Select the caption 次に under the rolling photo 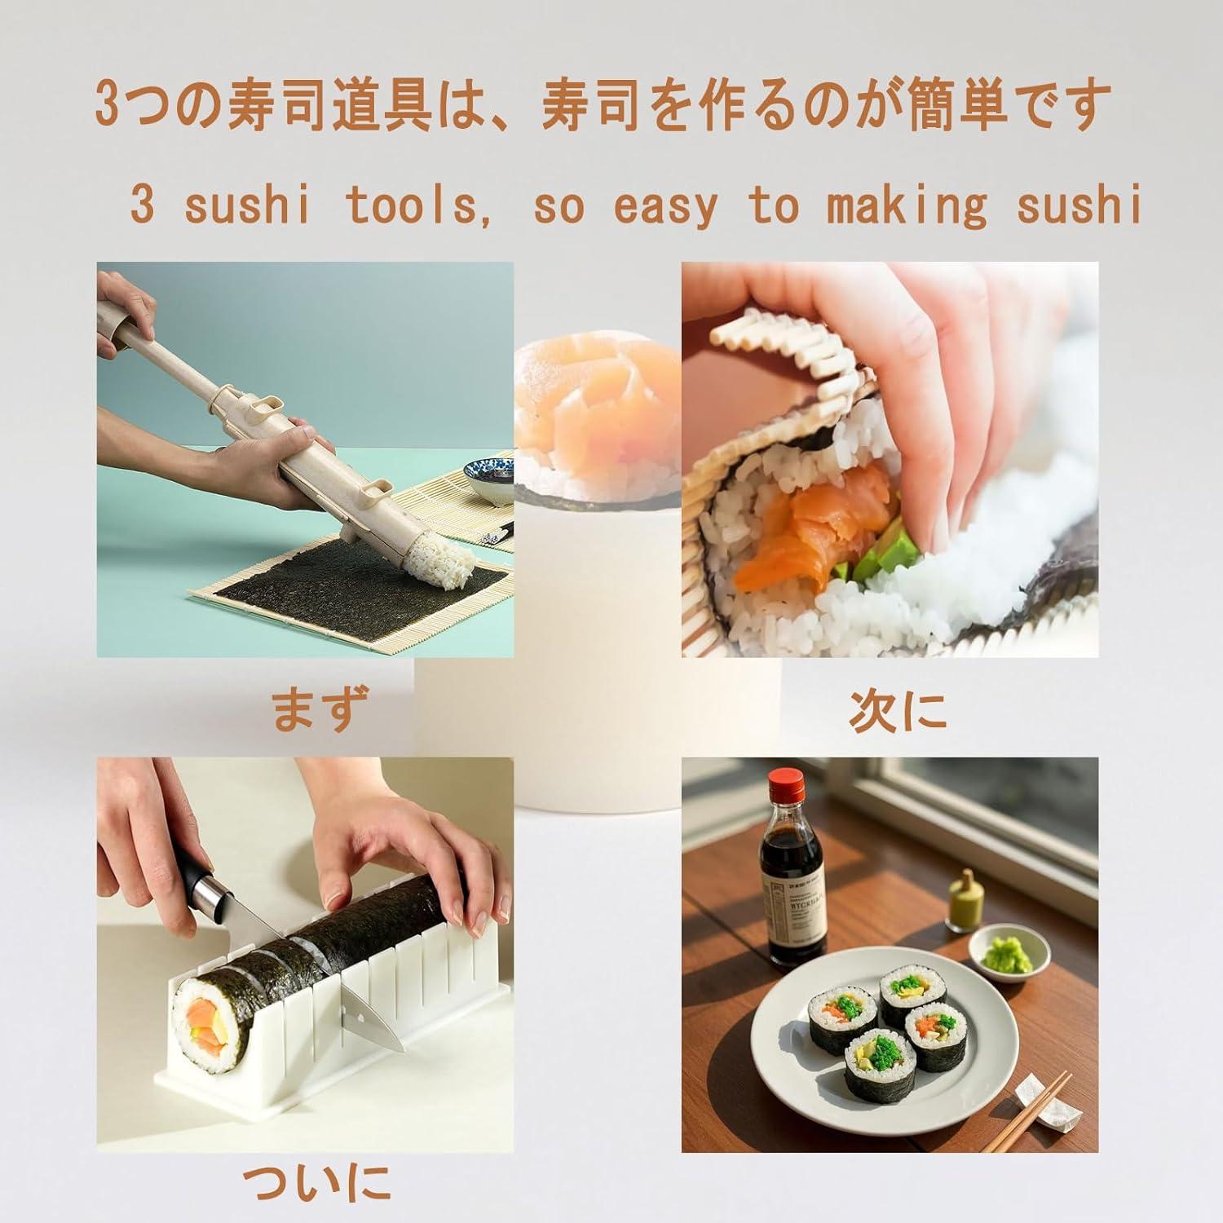coord(898,709)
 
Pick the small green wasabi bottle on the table coord(963,905)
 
